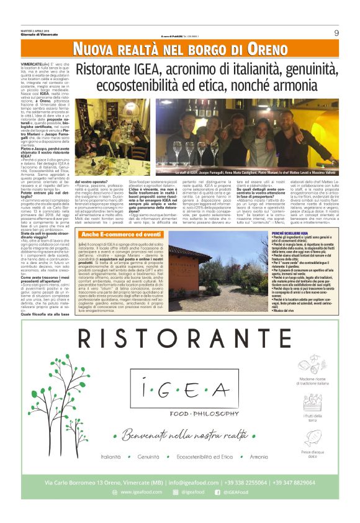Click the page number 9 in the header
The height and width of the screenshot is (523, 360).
click(336, 33)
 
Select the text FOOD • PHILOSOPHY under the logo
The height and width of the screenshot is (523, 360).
click(187, 414)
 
